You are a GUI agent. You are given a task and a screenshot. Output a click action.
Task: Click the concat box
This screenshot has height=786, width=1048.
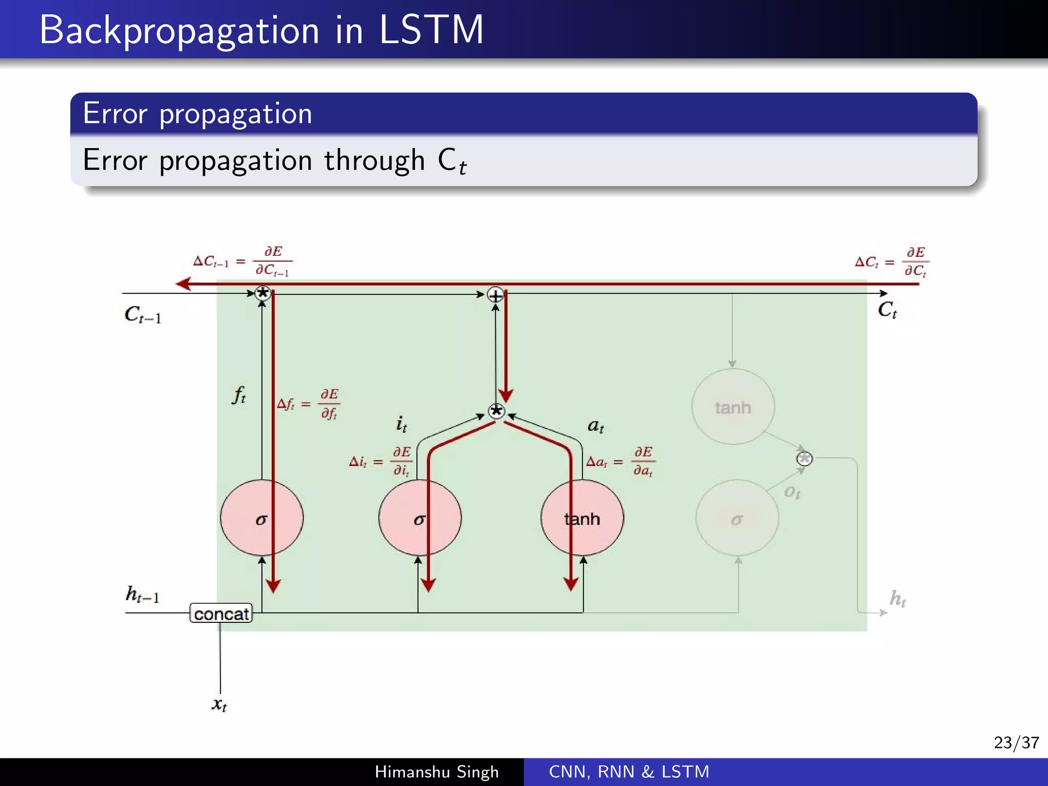221,614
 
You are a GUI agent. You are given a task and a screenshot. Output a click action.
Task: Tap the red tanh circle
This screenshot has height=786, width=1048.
582,518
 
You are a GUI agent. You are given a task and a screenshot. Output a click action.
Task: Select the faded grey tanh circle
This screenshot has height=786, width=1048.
733,407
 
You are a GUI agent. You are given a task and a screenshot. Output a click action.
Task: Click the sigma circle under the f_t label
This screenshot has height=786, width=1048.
261,518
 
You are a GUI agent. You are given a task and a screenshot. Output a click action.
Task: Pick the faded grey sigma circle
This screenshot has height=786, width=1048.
737,518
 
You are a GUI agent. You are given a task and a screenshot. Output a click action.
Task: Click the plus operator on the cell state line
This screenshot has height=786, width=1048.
495,295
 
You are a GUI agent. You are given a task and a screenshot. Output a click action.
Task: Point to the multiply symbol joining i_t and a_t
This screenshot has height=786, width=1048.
496,411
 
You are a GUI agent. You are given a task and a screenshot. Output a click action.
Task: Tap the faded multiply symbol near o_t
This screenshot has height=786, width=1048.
804,458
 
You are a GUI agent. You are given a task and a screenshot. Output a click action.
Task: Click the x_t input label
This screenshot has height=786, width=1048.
219,705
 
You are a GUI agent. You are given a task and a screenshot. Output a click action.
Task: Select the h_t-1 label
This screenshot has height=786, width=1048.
142,595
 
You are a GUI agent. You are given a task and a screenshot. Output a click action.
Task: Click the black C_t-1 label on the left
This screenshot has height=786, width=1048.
142,314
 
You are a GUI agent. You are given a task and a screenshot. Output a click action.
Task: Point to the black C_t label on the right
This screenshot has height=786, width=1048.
887,310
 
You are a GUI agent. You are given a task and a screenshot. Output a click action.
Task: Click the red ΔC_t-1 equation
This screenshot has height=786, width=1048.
242,261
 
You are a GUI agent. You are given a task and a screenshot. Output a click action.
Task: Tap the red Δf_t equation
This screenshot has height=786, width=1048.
308,404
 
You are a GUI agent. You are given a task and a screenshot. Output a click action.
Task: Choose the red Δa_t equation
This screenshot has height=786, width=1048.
620,462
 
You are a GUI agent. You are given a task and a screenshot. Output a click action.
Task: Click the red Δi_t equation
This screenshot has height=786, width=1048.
380,462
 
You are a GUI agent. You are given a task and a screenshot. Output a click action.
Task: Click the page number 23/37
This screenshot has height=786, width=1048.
1016,742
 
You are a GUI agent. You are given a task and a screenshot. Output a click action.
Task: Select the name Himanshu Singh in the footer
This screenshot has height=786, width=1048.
436,772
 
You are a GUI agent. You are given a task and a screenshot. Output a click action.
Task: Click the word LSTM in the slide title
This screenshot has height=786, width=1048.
431,30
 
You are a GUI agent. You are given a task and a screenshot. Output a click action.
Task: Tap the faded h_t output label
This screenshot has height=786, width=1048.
898,598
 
